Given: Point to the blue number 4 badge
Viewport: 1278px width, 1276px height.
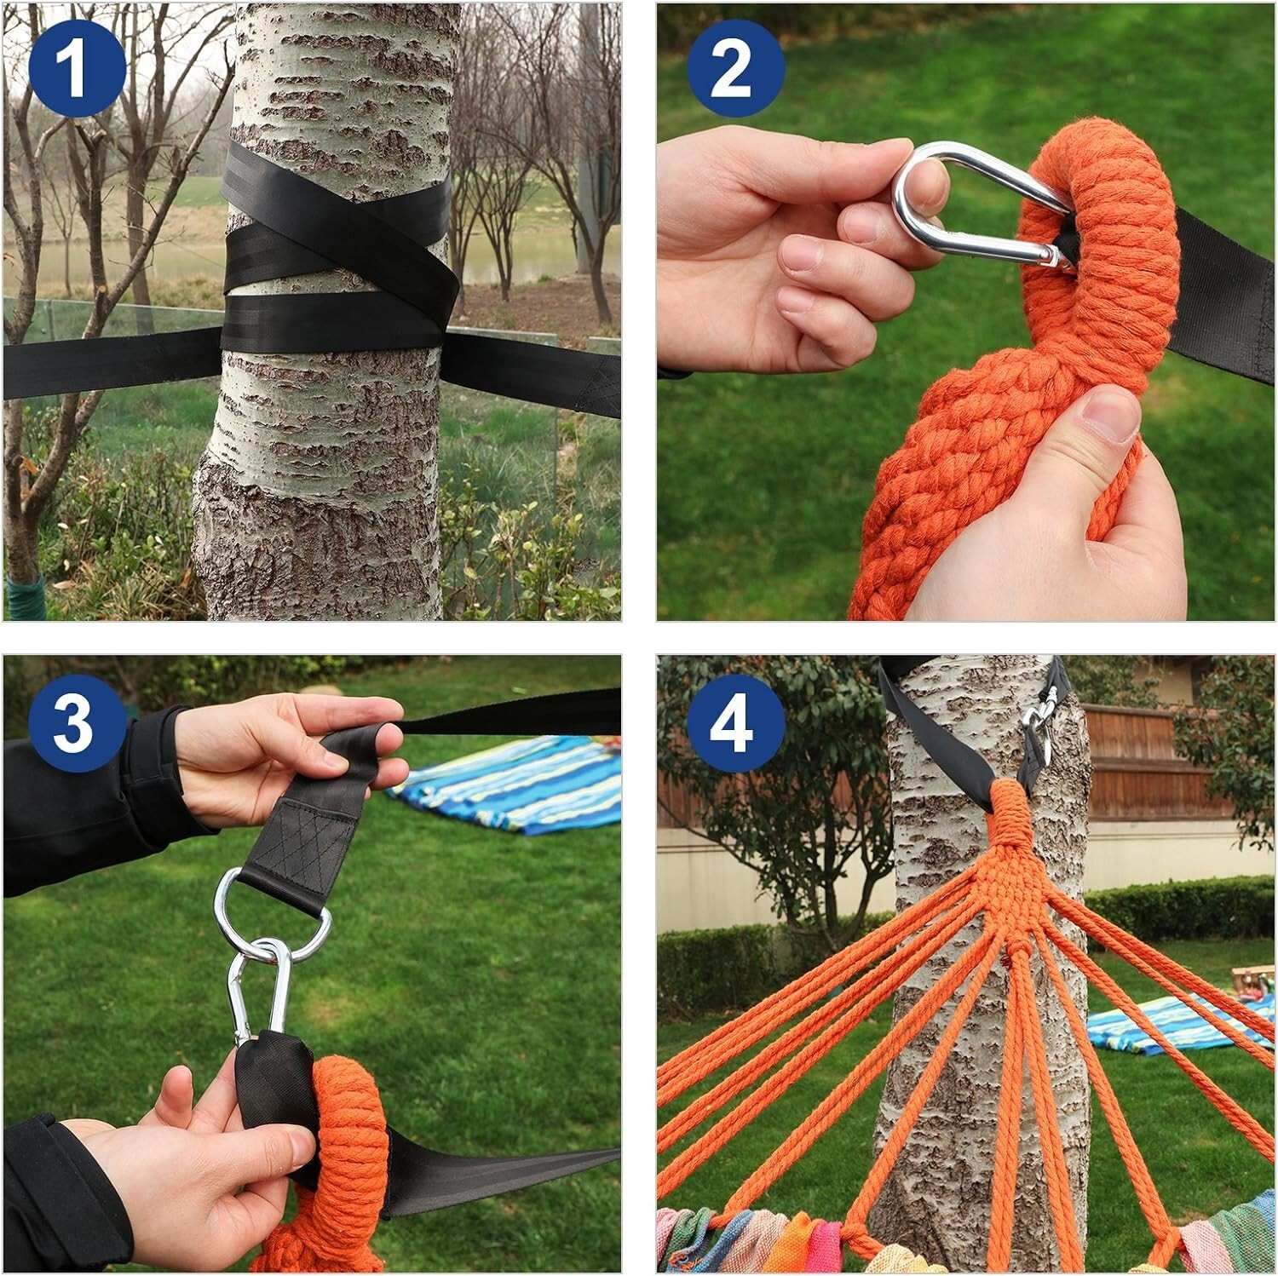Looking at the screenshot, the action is (734, 723).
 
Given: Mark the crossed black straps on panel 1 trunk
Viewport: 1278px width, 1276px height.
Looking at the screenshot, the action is (337, 256).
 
